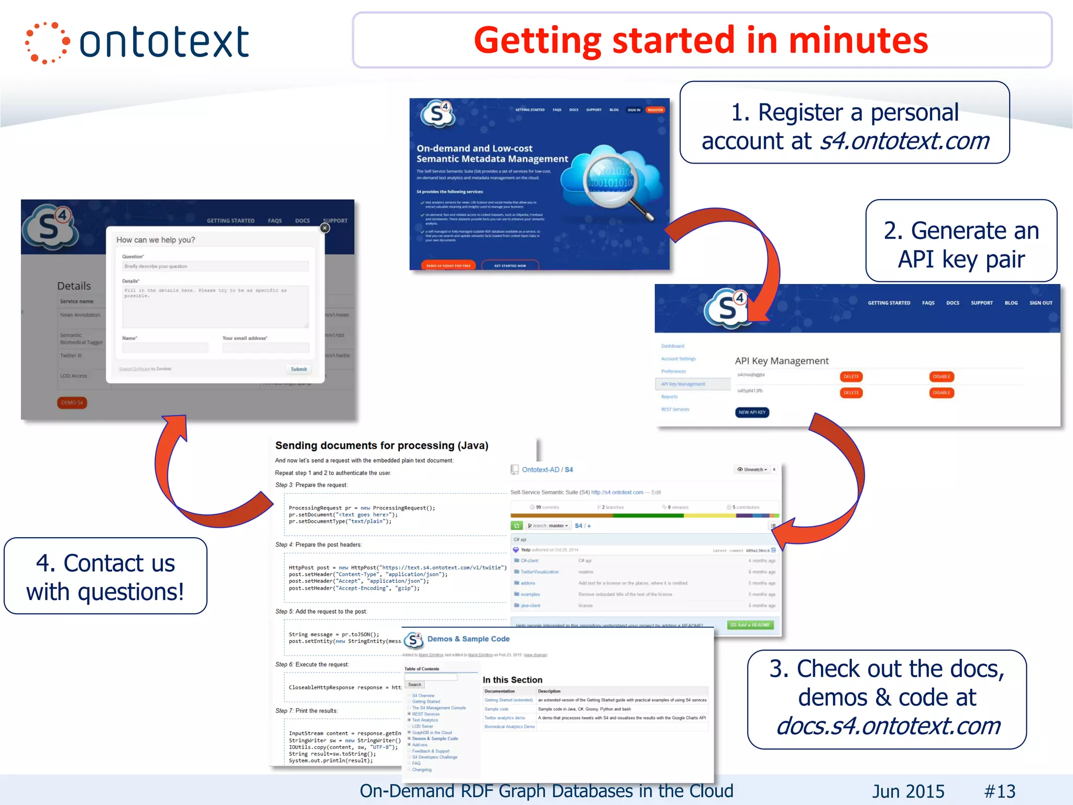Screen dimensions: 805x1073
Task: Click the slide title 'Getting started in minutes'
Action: coord(700,40)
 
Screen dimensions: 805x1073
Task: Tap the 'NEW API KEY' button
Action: coord(752,412)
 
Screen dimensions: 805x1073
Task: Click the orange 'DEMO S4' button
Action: coord(72,402)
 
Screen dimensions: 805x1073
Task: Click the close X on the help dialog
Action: coord(325,228)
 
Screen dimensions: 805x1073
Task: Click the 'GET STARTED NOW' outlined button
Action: coord(510,266)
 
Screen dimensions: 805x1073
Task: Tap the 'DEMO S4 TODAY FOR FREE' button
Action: coord(448,266)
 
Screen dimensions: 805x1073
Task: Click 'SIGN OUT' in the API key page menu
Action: coord(1041,303)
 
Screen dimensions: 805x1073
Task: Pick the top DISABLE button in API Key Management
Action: coord(941,376)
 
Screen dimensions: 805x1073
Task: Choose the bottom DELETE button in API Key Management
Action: coord(851,393)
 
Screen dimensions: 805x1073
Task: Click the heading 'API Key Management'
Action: coord(782,361)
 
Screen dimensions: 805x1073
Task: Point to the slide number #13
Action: coord(1000,791)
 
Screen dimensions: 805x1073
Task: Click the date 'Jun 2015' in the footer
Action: coord(908,791)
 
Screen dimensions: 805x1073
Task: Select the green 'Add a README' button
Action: coord(750,625)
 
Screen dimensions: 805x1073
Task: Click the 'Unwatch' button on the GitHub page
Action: coord(752,470)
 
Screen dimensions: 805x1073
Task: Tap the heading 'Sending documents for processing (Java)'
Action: coord(381,445)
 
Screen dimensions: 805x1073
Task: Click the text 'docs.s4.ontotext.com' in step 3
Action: coord(888,726)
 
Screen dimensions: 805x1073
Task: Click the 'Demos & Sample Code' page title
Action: coord(468,639)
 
